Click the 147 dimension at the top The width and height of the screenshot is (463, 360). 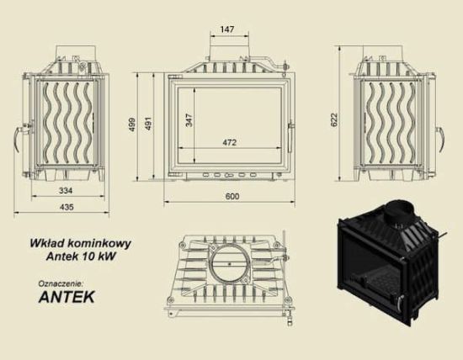point(226,29)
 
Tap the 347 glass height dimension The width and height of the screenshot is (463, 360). point(189,120)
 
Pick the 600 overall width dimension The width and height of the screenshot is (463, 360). point(232,196)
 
